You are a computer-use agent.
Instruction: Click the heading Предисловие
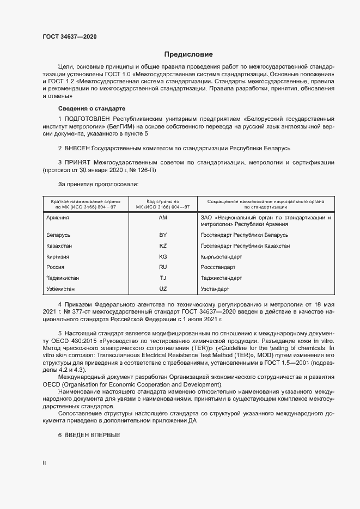point(188,54)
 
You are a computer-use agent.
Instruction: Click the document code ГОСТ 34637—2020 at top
point(70,37)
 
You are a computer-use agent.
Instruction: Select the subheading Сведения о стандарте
point(91,108)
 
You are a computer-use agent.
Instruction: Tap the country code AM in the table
point(162,218)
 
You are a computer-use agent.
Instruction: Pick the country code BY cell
point(162,235)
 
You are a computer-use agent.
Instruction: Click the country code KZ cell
point(162,246)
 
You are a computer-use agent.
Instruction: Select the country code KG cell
point(162,256)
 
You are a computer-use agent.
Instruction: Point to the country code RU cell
point(162,267)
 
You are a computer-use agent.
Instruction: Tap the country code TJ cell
point(162,278)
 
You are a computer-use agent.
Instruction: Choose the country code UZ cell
point(162,289)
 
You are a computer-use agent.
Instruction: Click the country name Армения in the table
point(58,218)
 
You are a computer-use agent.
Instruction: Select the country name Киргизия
point(59,256)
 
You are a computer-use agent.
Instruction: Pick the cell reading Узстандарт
point(215,289)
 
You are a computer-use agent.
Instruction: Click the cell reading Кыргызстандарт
point(221,256)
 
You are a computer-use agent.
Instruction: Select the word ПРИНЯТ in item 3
point(77,162)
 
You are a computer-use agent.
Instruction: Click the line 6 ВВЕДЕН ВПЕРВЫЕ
point(89,436)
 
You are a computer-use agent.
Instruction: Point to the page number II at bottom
point(44,463)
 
